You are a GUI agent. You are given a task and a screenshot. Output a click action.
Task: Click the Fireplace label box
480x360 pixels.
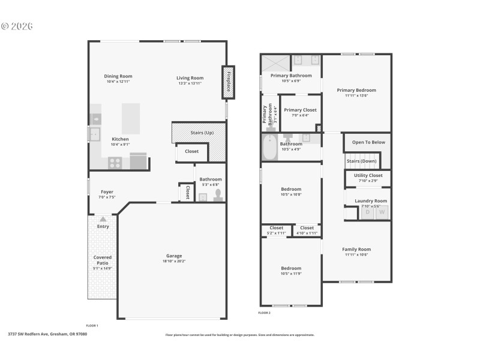coord(228,82)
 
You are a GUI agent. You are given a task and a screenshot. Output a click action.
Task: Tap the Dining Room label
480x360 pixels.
coord(118,77)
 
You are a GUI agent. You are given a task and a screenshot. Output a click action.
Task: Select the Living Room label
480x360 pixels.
coord(190,78)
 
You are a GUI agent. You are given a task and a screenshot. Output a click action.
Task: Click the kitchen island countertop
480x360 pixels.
coord(131,118)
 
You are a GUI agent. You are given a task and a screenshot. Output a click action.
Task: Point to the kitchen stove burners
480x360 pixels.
coord(116,162)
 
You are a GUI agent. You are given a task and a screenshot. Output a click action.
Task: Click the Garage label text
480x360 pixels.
coord(174,256)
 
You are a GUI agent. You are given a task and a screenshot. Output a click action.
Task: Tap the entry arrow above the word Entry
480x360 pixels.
coord(103,220)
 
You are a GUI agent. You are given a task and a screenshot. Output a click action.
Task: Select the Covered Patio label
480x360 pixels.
coord(103,260)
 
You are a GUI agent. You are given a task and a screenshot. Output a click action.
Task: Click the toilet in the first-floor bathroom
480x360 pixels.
coord(217,196)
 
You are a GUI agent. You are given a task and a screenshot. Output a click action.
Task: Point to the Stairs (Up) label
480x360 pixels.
coord(201,132)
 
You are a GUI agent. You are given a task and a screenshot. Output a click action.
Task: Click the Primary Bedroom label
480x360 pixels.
coord(356,90)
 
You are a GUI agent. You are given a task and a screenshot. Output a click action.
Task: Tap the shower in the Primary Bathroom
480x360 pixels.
coord(275,62)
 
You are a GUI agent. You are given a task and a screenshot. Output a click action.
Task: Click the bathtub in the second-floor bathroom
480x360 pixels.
coord(269,148)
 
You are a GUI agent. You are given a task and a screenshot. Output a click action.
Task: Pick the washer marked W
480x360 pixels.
coord(381,212)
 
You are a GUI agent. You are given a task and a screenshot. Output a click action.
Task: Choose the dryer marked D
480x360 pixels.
coord(367,212)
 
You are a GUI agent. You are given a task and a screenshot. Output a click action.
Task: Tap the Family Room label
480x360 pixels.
coord(356,249)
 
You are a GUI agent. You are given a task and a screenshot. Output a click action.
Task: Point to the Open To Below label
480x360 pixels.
coord(368,142)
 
